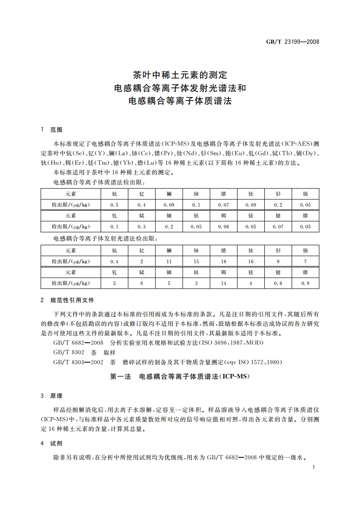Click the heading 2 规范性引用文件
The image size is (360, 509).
coord(68,300)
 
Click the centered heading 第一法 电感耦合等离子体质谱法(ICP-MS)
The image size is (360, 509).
coord(180,377)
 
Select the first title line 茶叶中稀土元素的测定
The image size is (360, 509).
coord(180,74)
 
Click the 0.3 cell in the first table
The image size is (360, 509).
coord(142,226)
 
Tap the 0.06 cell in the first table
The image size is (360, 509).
coord(224,226)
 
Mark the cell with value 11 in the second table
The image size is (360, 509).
coord(169,261)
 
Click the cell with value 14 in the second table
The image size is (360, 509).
coord(224,283)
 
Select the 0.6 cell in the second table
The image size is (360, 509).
coord(278,283)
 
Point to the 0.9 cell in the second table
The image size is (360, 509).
coord(306,283)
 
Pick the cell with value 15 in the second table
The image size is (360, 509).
coord(196,261)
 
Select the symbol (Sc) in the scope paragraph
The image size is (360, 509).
coord(79,154)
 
